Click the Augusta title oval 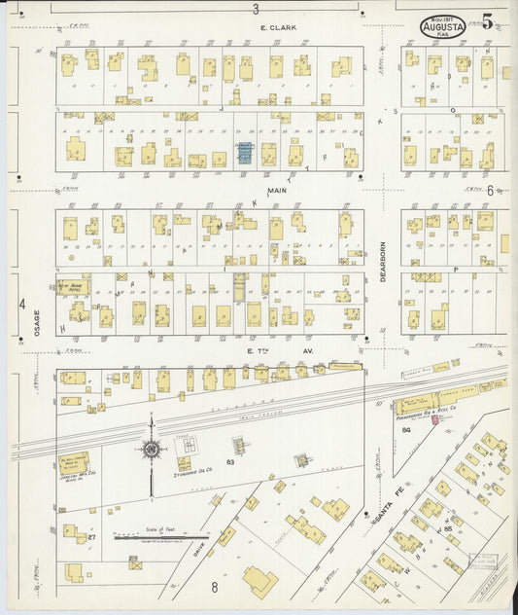pyautogui.click(x=444, y=25)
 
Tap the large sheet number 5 pyautogui.click(x=486, y=19)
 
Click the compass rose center pyautogui.click(x=151, y=449)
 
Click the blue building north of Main pyautogui.click(x=245, y=153)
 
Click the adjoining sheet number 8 pyautogui.click(x=214, y=587)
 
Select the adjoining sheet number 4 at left pyautogui.click(x=21, y=304)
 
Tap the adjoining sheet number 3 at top pyautogui.click(x=256, y=9)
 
